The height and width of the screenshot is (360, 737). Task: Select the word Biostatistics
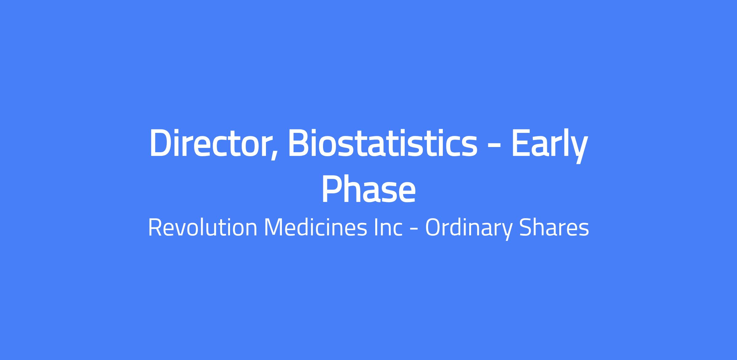382,143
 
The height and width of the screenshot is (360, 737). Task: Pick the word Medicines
316,228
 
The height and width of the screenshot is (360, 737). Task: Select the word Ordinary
469,229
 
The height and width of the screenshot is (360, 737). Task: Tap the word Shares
554,228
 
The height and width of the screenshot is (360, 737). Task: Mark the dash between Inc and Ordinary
414,229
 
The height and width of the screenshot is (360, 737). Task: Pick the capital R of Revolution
155,228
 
